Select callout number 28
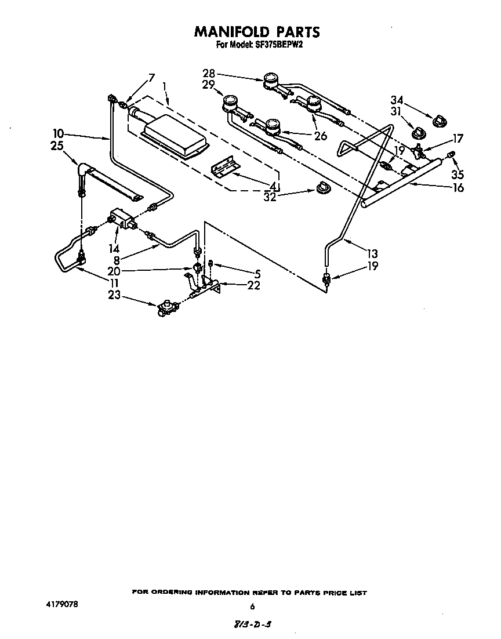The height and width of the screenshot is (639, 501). (209, 73)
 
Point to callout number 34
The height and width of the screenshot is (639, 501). (397, 100)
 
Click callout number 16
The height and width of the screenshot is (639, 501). (458, 187)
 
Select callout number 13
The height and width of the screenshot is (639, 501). (372, 253)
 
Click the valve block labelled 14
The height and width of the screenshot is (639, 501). (122, 219)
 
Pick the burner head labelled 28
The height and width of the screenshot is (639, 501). (270, 80)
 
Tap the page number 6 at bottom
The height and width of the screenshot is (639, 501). (252, 607)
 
